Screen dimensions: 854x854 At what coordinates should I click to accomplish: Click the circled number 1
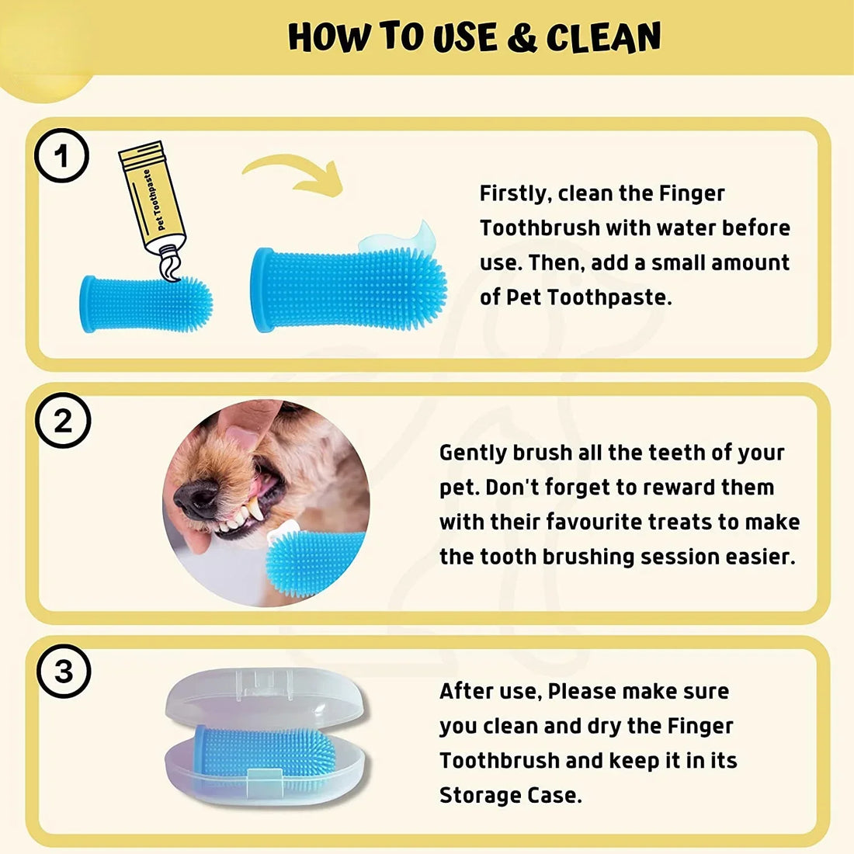pyautogui.click(x=62, y=155)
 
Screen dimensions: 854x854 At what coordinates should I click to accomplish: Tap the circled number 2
pyautogui.click(x=62, y=422)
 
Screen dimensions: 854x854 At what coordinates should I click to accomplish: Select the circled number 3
pyautogui.click(x=63, y=671)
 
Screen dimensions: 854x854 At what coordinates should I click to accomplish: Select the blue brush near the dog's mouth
pyautogui.click(x=314, y=561)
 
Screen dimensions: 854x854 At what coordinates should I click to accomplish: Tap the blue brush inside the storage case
pyautogui.click(x=264, y=749)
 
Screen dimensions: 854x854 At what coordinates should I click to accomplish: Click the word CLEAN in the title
pyautogui.click(x=603, y=37)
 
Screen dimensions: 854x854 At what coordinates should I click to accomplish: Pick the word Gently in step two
pyautogui.click(x=473, y=453)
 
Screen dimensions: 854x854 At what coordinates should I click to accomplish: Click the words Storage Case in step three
pyautogui.click(x=509, y=795)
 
